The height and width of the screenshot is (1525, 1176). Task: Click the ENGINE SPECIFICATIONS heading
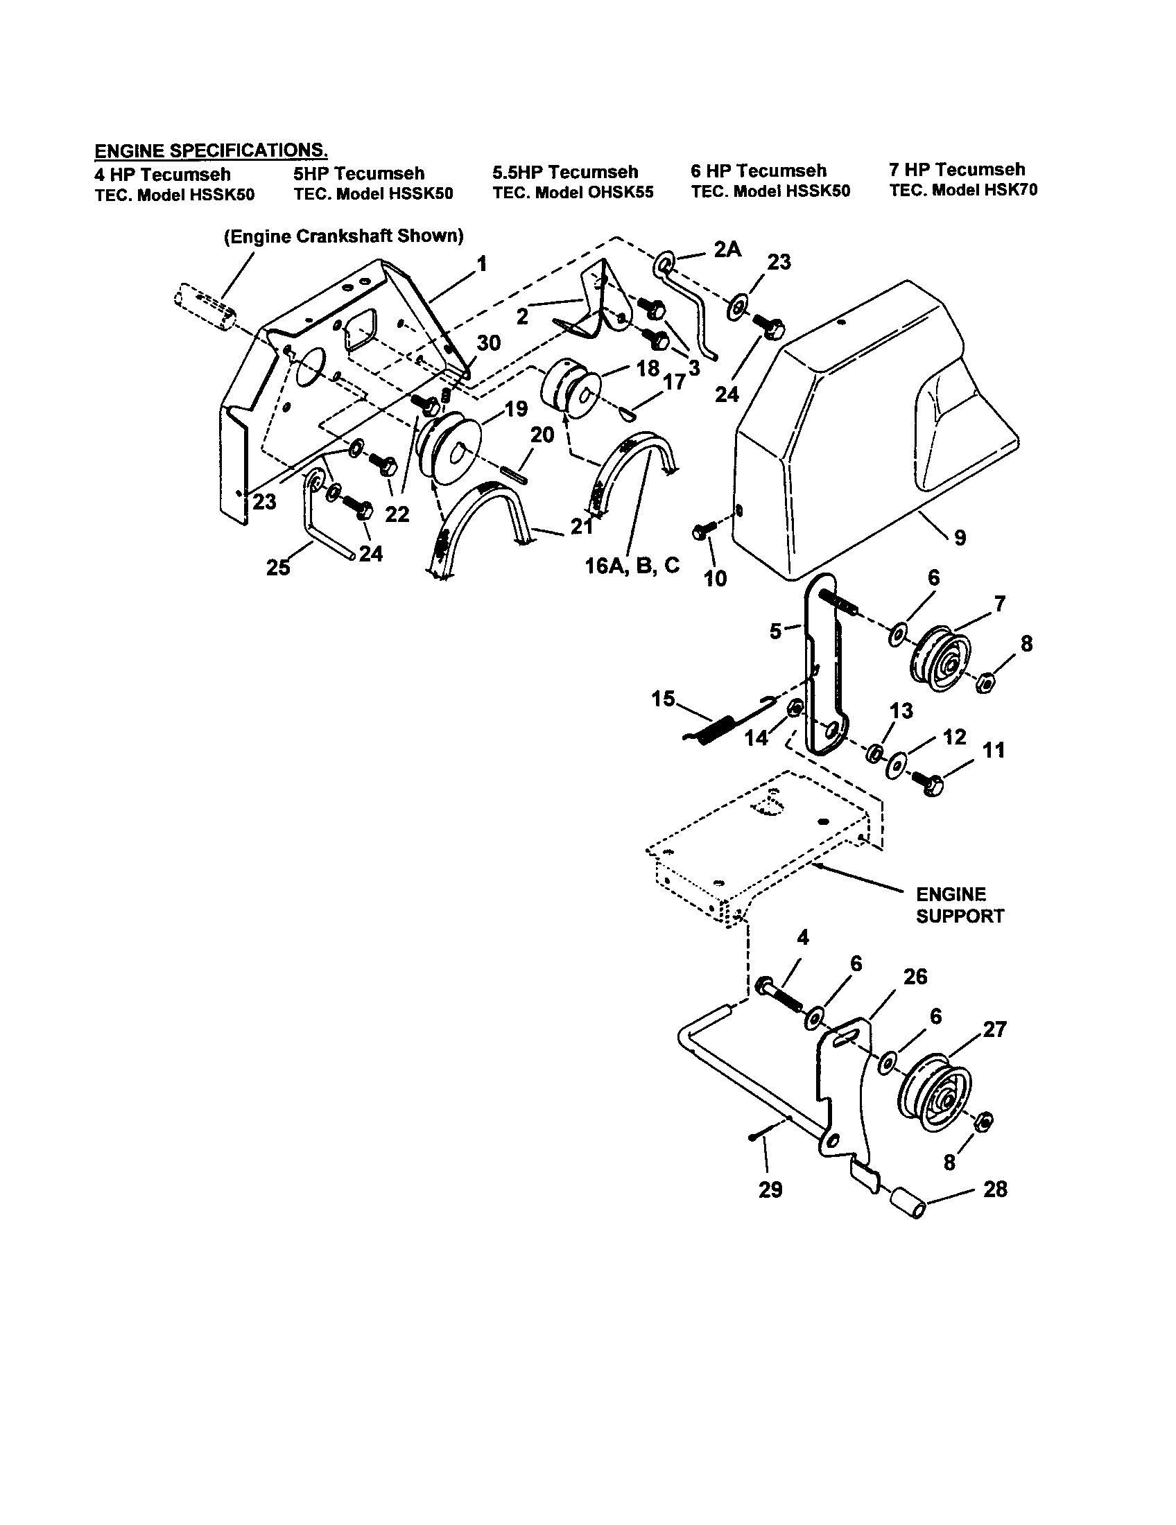point(211,150)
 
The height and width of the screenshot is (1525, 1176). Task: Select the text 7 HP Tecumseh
point(957,170)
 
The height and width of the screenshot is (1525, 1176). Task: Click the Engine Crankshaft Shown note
point(344,236)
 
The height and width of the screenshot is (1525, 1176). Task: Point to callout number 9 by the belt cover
point(960,538)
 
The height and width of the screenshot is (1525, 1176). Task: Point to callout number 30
point(489,343)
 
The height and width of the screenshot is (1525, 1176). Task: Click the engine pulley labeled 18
point(569,389)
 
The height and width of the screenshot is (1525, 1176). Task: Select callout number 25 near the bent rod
point(278,568)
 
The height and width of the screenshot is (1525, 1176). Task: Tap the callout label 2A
point(727,249)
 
